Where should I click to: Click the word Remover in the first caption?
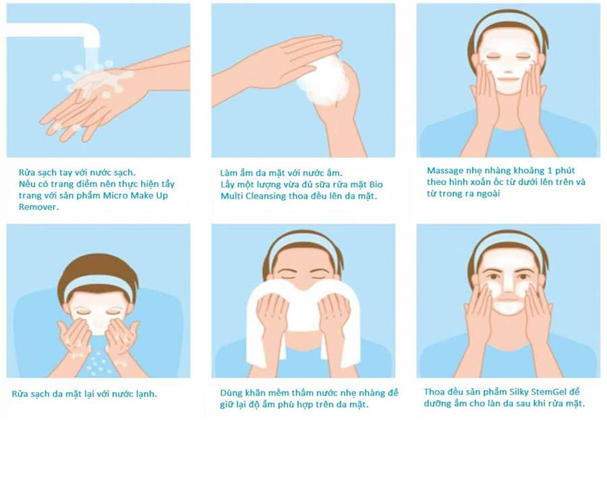point(38,207)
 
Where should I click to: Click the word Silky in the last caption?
point(518,392)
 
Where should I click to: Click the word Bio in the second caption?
point(376,184)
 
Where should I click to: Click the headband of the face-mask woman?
point(507,25)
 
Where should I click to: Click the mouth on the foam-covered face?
point(507,79)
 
